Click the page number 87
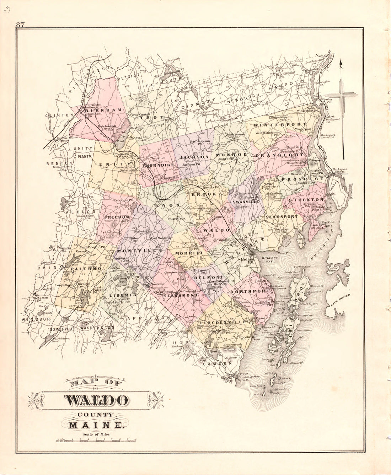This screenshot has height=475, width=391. [x=20, y=25]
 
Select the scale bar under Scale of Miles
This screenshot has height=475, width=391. [x=96, y=441]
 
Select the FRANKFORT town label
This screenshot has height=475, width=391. [x=283, y=155]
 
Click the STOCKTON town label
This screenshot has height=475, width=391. [x=306, y=200]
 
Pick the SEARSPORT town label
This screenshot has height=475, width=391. [x=282, y=216]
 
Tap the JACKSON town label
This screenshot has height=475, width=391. [x=193, y=157]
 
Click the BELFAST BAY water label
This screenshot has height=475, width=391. [x=269, y=260]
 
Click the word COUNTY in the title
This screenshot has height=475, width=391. [x=96, y=414]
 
